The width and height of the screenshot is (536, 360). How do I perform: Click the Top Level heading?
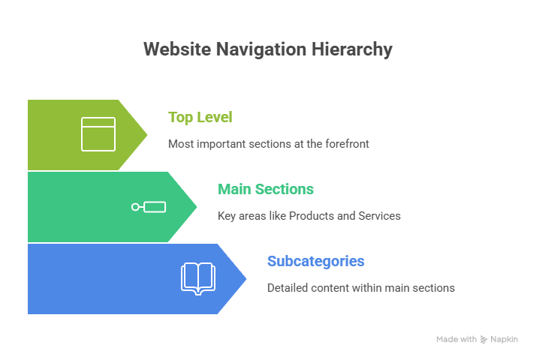(200, 117)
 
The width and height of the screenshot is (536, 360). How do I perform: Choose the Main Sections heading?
(266, 189)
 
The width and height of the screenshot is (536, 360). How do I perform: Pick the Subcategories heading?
(316, 261)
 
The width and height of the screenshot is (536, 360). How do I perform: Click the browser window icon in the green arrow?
(98, 134)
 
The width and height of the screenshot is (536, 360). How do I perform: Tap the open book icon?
(197, 277)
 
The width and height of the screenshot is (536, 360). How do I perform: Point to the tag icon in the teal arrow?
(149, 207)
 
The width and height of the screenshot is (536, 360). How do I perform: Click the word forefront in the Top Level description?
(348, 143)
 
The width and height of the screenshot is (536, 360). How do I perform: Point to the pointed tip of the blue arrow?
(247, 279)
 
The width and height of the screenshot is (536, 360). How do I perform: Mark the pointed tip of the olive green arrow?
(148, 135)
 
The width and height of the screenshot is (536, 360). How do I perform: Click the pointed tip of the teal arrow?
(197, 207)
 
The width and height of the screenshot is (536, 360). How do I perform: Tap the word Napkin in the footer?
(504, 340)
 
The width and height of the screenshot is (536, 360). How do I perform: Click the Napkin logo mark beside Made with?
(483, 340)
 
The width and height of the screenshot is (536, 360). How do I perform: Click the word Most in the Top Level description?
(179, 143)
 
